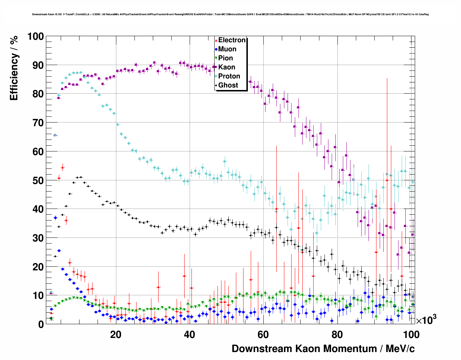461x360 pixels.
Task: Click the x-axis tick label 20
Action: [x=116, y=335]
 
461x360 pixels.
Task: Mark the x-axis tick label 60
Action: [x=263, y=335]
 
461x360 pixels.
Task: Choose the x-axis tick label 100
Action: [x=411, y=335]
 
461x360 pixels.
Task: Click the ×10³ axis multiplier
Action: [x=426, y=320]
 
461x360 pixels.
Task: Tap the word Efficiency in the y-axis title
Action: [x=14, y=79]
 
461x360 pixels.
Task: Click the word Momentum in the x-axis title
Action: [x=350, y=349]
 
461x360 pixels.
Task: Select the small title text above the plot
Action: [x=230, y=14]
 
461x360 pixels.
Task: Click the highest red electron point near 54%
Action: [x=63, y=168]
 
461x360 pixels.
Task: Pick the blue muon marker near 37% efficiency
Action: [x=55, y=218]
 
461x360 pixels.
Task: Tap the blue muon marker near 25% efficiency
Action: [x=59, y=250]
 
